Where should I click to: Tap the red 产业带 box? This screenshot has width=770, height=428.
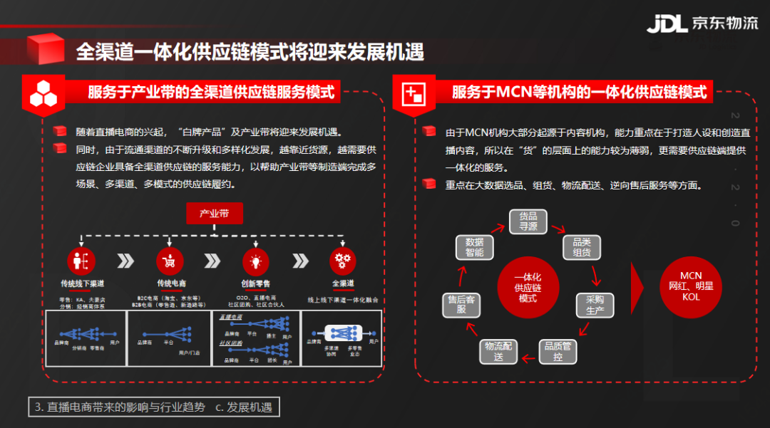coord(215,213)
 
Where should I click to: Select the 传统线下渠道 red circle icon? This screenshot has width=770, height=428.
coord(82,261)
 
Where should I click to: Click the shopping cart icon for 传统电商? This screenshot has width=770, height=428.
coord(170,261)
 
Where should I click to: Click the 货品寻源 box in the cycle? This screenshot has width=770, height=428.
coord(528,221)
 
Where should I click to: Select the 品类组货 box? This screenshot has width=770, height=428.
coord(582,247)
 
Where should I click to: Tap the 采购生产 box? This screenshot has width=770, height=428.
coord(595,305)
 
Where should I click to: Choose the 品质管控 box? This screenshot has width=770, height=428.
coord(558,351)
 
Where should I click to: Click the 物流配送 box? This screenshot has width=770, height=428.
coord(498,351)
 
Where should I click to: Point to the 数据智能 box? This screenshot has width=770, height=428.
coord(474,247)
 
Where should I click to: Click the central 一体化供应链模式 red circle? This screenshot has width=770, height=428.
coord(528,287)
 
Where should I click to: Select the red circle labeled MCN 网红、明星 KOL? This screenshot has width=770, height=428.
coord(691,286)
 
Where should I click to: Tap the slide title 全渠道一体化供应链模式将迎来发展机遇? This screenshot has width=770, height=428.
coord(250,51)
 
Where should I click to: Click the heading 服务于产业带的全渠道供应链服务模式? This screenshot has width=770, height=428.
coord(211,92)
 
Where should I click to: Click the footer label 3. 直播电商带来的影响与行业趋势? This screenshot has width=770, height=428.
coord(119,407)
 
